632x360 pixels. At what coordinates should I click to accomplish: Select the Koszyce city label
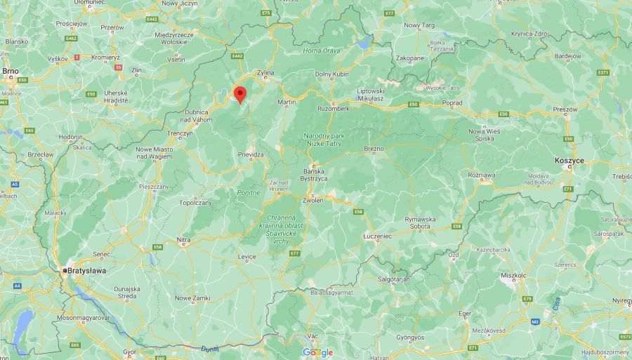coord(569,161)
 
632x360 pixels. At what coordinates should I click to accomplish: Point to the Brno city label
coord(10,71)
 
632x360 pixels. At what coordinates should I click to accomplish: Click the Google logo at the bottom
coord(317,352)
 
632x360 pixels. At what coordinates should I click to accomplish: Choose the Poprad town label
coord(453,102)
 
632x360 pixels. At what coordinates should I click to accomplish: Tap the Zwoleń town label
coord(313,200)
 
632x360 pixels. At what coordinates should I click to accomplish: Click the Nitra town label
coord(183,240)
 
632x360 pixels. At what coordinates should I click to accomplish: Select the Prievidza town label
coord(250,155)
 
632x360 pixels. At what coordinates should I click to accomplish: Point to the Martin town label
coord(287,102)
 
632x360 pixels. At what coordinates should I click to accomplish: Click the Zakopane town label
coord(410,58)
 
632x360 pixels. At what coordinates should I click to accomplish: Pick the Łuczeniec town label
coord(377,236)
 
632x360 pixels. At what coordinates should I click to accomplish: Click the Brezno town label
coord(374,149)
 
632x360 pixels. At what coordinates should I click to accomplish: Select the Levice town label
coord(247,257)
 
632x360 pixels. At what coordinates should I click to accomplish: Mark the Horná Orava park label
coord(321,51)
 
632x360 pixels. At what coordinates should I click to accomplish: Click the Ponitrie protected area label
coord(249,192)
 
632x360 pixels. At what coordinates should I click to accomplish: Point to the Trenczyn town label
coord(180,133)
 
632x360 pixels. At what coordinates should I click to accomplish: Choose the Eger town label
coord(465,314)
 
